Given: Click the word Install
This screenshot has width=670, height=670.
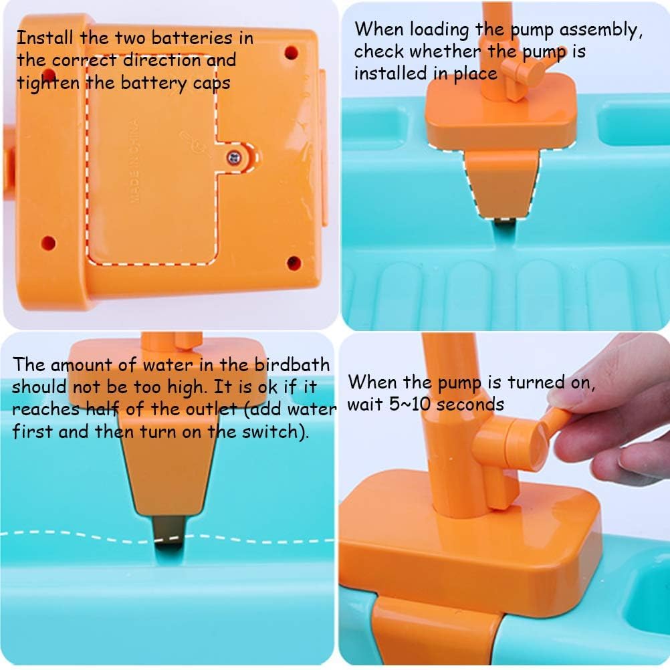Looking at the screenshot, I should point(45,37).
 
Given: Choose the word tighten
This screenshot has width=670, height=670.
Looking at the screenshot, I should point(48,84).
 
